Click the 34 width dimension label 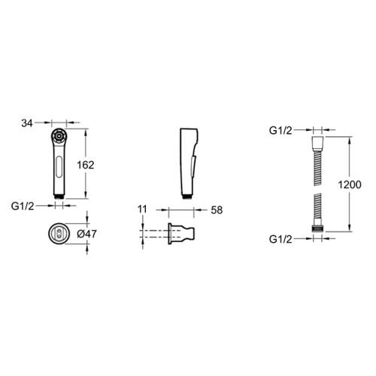(27, 123)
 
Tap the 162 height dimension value (86, 165)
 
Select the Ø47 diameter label (86, 234)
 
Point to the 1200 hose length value (350, 185)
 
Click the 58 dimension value (217, 210)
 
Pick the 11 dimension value (142, 209)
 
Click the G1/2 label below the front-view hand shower (23, 206)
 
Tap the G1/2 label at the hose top (280, 131)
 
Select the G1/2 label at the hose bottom (280, 239)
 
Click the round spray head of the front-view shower (59, 136)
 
